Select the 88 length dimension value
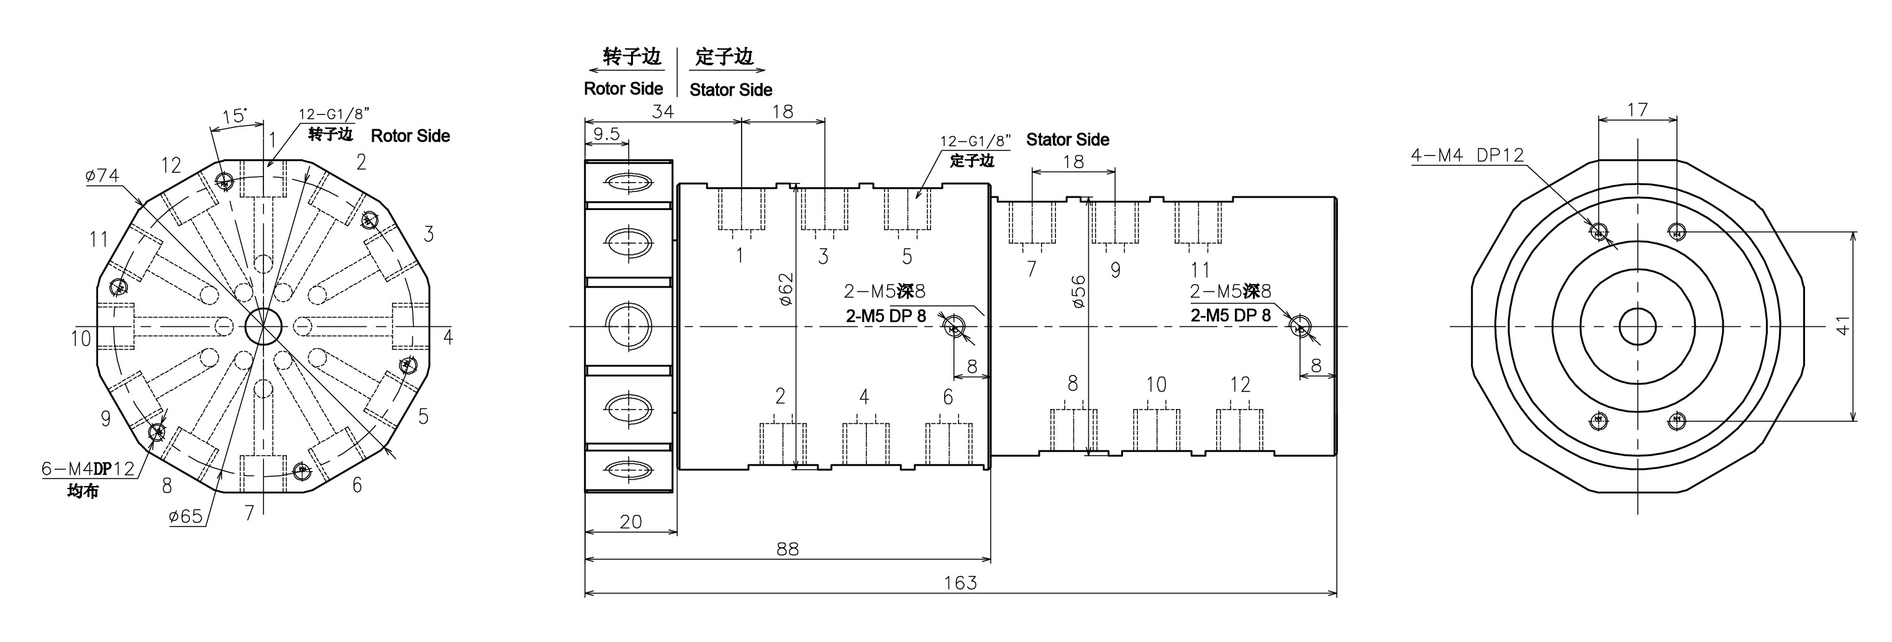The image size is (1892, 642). click(788, 549)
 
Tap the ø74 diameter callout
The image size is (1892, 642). click(102, 175)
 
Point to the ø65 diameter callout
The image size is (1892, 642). click(185, 516)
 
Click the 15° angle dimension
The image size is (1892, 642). click(234, 116)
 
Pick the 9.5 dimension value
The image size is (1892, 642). click(606, 134)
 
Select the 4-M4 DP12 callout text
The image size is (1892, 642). click(1467, 155)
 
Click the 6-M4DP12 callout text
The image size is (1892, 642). click(88, 468)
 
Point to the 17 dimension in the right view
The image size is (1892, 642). click(1637, 110)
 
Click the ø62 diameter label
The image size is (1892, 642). click(786, 288)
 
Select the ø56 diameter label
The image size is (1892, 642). click(1078, 291)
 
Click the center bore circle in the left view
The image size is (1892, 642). click(263, 326)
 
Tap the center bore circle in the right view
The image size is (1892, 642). click(1637, 326)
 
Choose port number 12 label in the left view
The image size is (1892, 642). click(171, 165)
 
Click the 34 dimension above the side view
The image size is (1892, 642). click(663, 112)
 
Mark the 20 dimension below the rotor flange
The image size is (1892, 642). click(630, 521)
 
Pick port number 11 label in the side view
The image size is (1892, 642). click(1199, 270)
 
